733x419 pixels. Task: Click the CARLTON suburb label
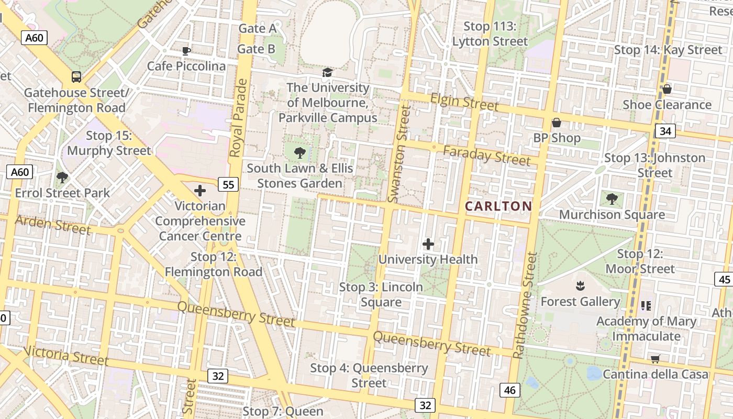[x=498, y=206]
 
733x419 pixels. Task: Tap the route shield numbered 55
[x=228, y=184]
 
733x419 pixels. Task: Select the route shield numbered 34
[x=665, y=130]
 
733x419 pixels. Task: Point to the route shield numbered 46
[x=510, y=390]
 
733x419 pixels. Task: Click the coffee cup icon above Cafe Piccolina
[x=186, y=51]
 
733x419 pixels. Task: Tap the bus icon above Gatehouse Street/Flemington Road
[x=76, y=77]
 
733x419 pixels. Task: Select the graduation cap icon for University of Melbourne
[x=328, y=72]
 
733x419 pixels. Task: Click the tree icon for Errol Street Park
[x=62, y=178]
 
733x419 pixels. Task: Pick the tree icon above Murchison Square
[x=612, y=199]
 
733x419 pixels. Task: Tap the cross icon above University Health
[x=428, y=244]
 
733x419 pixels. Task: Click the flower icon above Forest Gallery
[x=580, y=286]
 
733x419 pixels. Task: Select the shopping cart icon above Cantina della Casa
[x=655, y=359]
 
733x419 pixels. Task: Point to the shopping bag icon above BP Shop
[x=557, y=123]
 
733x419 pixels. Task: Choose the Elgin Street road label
[x=464, y=102]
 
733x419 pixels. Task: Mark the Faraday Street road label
[x=486, y=156]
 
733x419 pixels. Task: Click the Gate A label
[x=257, y=28]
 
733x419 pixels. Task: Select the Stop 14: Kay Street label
[x=668, y=50]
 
